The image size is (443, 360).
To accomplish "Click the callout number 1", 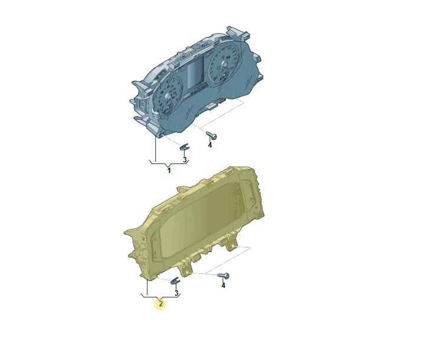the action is pos(169,171).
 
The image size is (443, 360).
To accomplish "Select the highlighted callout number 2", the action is pos(161,304).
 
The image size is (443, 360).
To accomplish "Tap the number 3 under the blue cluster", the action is pos(185,160).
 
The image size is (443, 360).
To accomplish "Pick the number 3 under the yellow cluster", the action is pos(176,293).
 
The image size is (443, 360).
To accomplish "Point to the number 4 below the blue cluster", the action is pos(210,145).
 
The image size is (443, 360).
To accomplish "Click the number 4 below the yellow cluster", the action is pos(223,286).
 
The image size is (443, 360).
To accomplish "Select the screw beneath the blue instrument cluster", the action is pos(211,135).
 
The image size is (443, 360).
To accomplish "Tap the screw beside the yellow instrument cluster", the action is pos(223,276).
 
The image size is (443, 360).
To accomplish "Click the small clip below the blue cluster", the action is pos(185,147).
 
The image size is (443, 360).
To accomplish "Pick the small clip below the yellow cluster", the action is pos(175,280).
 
